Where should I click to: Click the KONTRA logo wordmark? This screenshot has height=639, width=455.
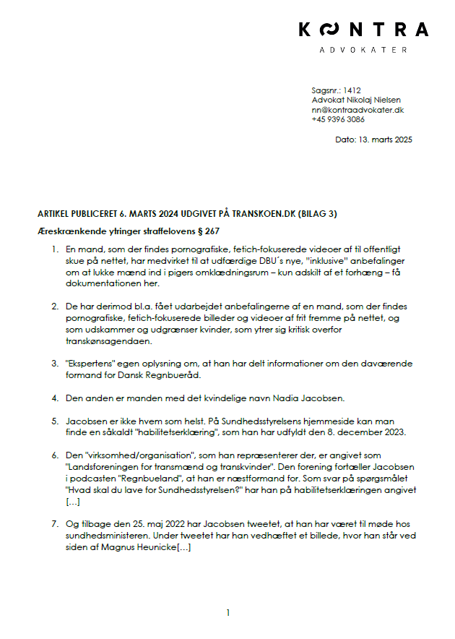pos(363,30)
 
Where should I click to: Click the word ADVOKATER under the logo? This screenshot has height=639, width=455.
pos(363,50)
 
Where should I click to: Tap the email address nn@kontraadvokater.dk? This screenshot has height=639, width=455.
pos(357,110)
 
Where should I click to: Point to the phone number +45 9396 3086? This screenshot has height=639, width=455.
pos(338,120)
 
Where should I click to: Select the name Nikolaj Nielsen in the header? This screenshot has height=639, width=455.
pos(370,100)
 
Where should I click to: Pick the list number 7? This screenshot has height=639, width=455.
pos(53,522)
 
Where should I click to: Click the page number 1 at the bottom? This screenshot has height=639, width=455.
pos(228,613)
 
